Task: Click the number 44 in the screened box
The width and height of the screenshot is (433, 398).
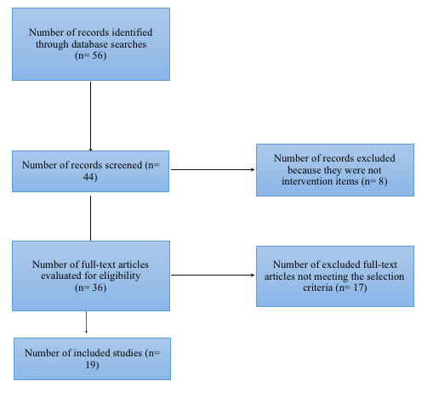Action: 89,177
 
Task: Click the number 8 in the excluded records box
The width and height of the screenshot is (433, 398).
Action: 381,181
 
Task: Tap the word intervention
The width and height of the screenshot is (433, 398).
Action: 320,181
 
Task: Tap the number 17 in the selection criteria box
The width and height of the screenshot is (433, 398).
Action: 359,287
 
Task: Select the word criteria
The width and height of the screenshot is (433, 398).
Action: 317,287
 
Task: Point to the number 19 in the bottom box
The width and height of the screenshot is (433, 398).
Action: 90,365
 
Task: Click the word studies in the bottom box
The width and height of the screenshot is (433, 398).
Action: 128,353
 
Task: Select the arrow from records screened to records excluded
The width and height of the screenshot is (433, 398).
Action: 213,169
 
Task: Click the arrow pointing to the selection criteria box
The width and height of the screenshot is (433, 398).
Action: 213,275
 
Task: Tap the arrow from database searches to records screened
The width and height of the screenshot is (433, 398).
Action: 90,117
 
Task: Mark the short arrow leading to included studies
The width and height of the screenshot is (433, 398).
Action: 86,322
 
